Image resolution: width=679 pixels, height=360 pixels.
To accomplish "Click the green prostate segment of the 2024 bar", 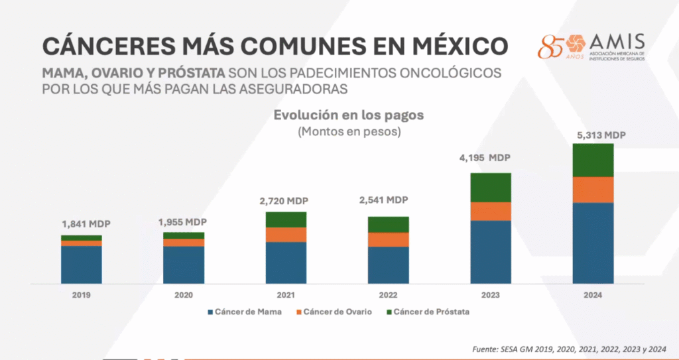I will [592, 160].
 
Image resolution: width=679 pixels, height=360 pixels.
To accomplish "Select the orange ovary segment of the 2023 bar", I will [491, 211].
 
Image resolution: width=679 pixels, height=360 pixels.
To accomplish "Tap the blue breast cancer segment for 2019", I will [82, 264].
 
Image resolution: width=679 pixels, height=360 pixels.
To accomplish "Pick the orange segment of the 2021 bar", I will [286, 234].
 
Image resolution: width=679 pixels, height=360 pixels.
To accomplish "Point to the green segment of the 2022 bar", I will [389, 224].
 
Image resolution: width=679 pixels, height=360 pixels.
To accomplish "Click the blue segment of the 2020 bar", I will [184, 264].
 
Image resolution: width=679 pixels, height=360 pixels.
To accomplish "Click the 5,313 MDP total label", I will [601, 135].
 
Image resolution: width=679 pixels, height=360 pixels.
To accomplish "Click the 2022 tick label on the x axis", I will [389, 295].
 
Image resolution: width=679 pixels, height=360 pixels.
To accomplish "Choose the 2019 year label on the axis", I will [82, 295].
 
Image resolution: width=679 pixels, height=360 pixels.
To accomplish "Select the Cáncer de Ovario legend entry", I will [337, 312].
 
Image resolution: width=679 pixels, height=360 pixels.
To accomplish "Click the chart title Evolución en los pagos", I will [349, 115].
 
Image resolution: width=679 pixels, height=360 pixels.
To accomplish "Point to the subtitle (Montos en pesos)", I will [349, 131].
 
